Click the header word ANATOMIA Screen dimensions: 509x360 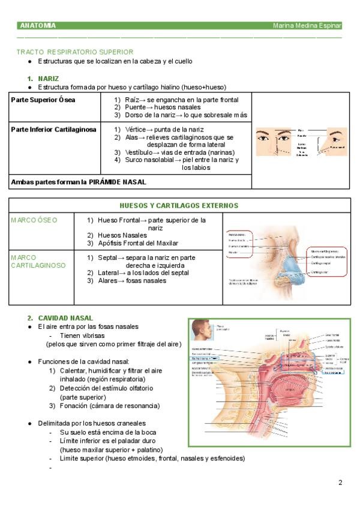coord(37,26)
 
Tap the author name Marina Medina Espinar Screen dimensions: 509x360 coord(307,26)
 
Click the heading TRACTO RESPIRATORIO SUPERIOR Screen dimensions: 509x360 coord(75,52)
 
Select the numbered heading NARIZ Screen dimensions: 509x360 coord(48,79)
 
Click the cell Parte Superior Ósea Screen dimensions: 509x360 coord(43,100)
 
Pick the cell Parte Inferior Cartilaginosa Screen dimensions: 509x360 coord(53,130)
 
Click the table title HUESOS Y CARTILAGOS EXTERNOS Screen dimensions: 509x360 coord(179,205)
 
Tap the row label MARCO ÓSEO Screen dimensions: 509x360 coord(34,220)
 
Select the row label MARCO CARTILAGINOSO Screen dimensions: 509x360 coord(38,261)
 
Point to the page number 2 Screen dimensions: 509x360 coord(340,483)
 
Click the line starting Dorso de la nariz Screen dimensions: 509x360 coord(180,115)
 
